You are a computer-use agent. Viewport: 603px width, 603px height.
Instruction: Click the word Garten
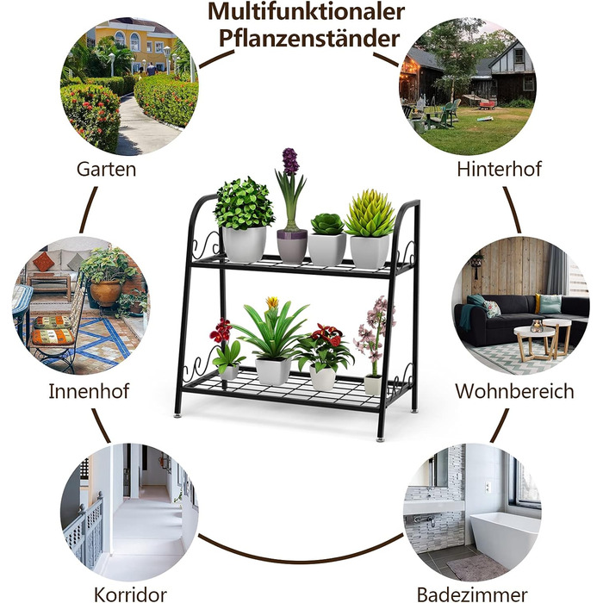pos(107,169)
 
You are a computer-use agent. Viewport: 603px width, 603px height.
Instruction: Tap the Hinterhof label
pos(499,169)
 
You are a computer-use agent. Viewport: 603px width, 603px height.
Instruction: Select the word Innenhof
pos(90,391)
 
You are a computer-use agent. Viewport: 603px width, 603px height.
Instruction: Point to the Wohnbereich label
pos(514,391)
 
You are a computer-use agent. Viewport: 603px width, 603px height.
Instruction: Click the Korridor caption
pos(130,594)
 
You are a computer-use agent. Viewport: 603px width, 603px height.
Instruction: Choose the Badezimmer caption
pos(472,594)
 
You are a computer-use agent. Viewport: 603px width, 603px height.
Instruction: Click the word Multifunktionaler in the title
pos(306,12)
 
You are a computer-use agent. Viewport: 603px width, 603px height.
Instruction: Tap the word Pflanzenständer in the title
pos(309,39)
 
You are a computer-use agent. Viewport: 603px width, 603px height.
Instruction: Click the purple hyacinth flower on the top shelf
pos(290,162)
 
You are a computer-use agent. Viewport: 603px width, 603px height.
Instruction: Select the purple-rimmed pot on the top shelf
pos(292,246)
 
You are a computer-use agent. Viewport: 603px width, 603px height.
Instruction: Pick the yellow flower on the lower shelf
pos(272,302)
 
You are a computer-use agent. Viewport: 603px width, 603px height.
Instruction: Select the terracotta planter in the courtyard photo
pos(105,292)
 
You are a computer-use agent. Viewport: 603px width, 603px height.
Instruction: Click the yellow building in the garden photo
pos(134,44)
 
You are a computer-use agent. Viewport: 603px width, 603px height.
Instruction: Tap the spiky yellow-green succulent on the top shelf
pos(370,213)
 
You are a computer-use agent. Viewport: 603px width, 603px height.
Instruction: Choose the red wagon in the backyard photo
pos(488,104)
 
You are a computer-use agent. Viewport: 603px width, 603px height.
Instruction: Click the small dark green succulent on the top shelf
pos(327,224)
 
